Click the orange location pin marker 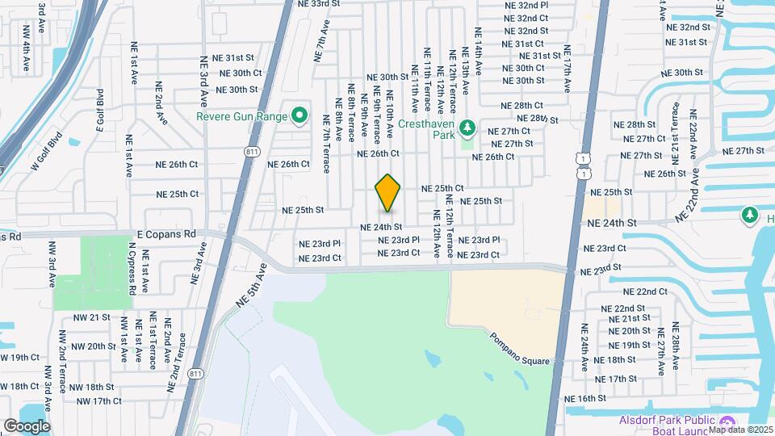(388, 193)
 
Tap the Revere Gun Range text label (242, 116)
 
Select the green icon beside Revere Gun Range (299, 115)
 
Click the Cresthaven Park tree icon (467, 128)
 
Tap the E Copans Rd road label (165, 233)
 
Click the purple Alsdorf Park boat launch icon (726, 423)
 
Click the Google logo (27, 426)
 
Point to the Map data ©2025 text (741, 430)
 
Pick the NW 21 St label (90, 317)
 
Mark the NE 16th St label (585, 399)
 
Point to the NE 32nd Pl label (526, 5)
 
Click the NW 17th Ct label (95, 401)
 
